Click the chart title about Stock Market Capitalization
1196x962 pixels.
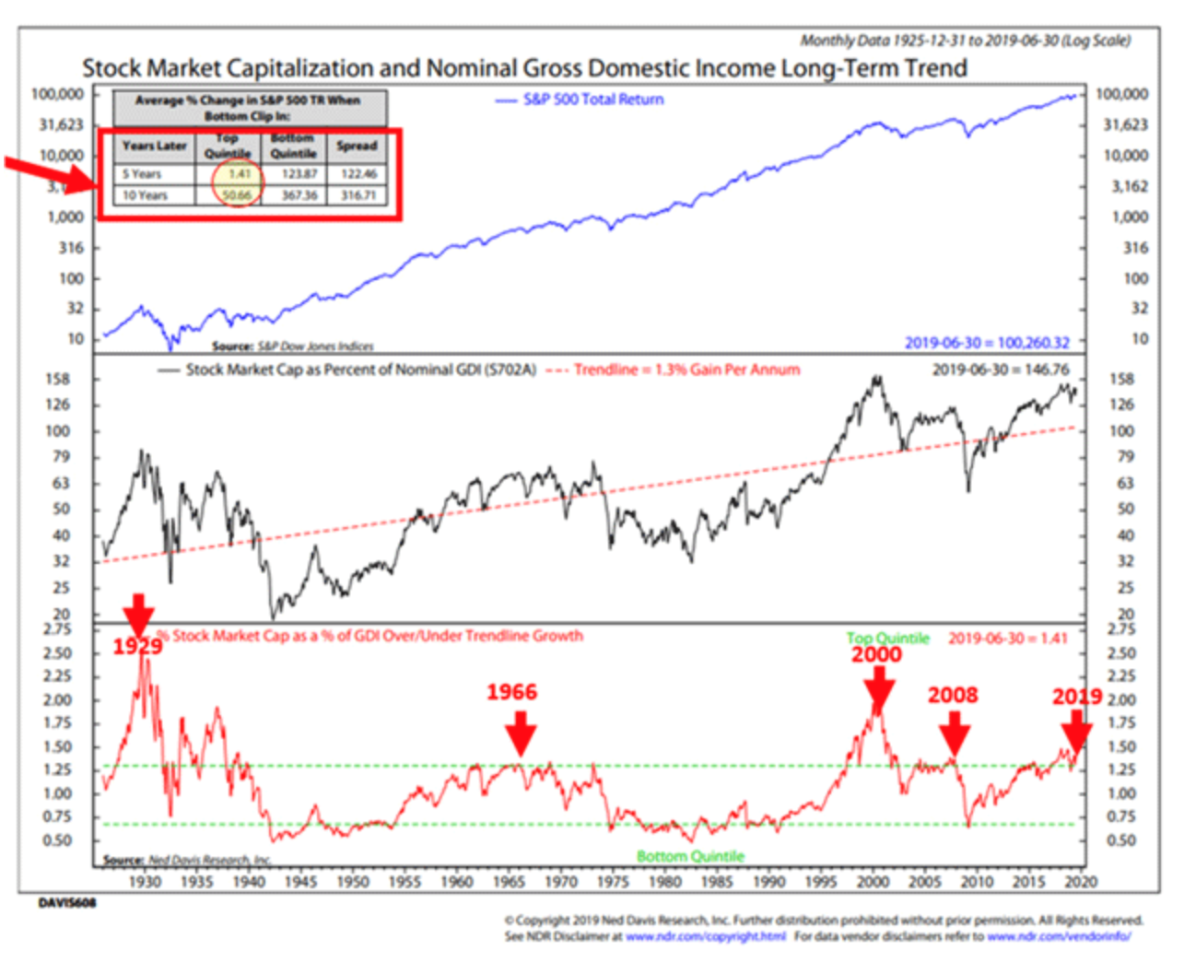tap(524, 68)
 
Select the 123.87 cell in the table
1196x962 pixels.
tap(299, 174)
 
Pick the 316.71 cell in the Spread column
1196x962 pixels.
tap(358, 195)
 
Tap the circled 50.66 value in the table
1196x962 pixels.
tap(237, 195)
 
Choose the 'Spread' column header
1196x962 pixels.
tap(357, 146)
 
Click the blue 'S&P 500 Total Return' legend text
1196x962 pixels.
tap(592, 100)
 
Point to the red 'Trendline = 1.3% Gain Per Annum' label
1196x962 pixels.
tap(686, 370)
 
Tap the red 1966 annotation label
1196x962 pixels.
tap(511, 692)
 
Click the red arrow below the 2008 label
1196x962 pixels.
tap(955, 736)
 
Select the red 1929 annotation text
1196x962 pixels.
tap(137, 646)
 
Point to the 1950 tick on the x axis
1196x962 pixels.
tap(352, 882)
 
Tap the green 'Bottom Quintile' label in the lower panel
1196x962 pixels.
tap(690, 856)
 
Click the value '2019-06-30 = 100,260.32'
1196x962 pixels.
tap(987, 343)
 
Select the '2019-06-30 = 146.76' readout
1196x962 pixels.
tap(1001, 370)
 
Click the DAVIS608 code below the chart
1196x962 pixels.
tap(66, 903)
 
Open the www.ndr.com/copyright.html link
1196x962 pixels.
tap(706, 936)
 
